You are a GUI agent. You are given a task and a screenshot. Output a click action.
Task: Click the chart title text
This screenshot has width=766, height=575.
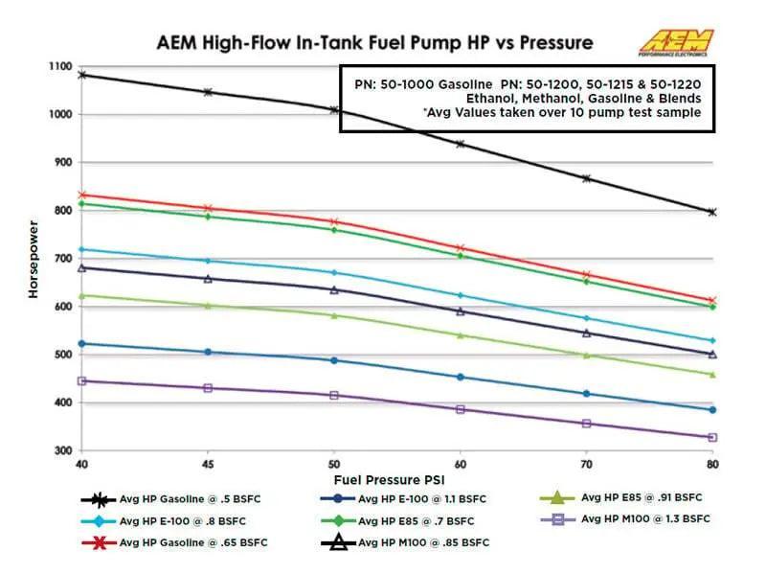[x=374, y=43]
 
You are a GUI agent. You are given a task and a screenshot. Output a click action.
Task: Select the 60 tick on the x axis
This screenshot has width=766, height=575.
[x=460, y=462]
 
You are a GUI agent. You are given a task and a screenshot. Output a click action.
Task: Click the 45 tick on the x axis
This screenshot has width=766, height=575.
[x=208, y=462]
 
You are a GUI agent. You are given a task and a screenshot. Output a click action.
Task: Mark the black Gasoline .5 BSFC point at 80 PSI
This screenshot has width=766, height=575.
[x=711, y=212]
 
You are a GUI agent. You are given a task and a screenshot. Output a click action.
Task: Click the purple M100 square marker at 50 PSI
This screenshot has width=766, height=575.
[x=334, y=395]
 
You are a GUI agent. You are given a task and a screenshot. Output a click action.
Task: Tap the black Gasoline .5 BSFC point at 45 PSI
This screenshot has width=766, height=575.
[x=208, y=92]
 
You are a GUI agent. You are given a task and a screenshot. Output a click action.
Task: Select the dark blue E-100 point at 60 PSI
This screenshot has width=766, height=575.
[x=460, y=377]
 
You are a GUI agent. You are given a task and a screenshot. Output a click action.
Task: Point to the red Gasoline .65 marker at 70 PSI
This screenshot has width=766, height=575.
[x=586, y=275]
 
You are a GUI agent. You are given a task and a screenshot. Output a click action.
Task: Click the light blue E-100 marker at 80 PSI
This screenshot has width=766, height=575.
[x=711, y=340]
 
